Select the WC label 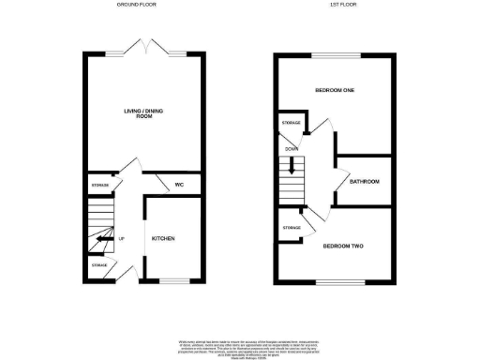click(177, 184)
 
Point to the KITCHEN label click(164, 238)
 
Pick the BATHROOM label click(364, 180)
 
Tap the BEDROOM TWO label click(343, 247)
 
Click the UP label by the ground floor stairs click(122, 237)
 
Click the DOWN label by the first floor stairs click(292, 148)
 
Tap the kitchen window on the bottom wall click(172, 281)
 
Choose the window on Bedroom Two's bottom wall click(334, 282)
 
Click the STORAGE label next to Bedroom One click(291, 123)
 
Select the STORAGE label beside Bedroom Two click(291, 228)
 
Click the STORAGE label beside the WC click(100, 186)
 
